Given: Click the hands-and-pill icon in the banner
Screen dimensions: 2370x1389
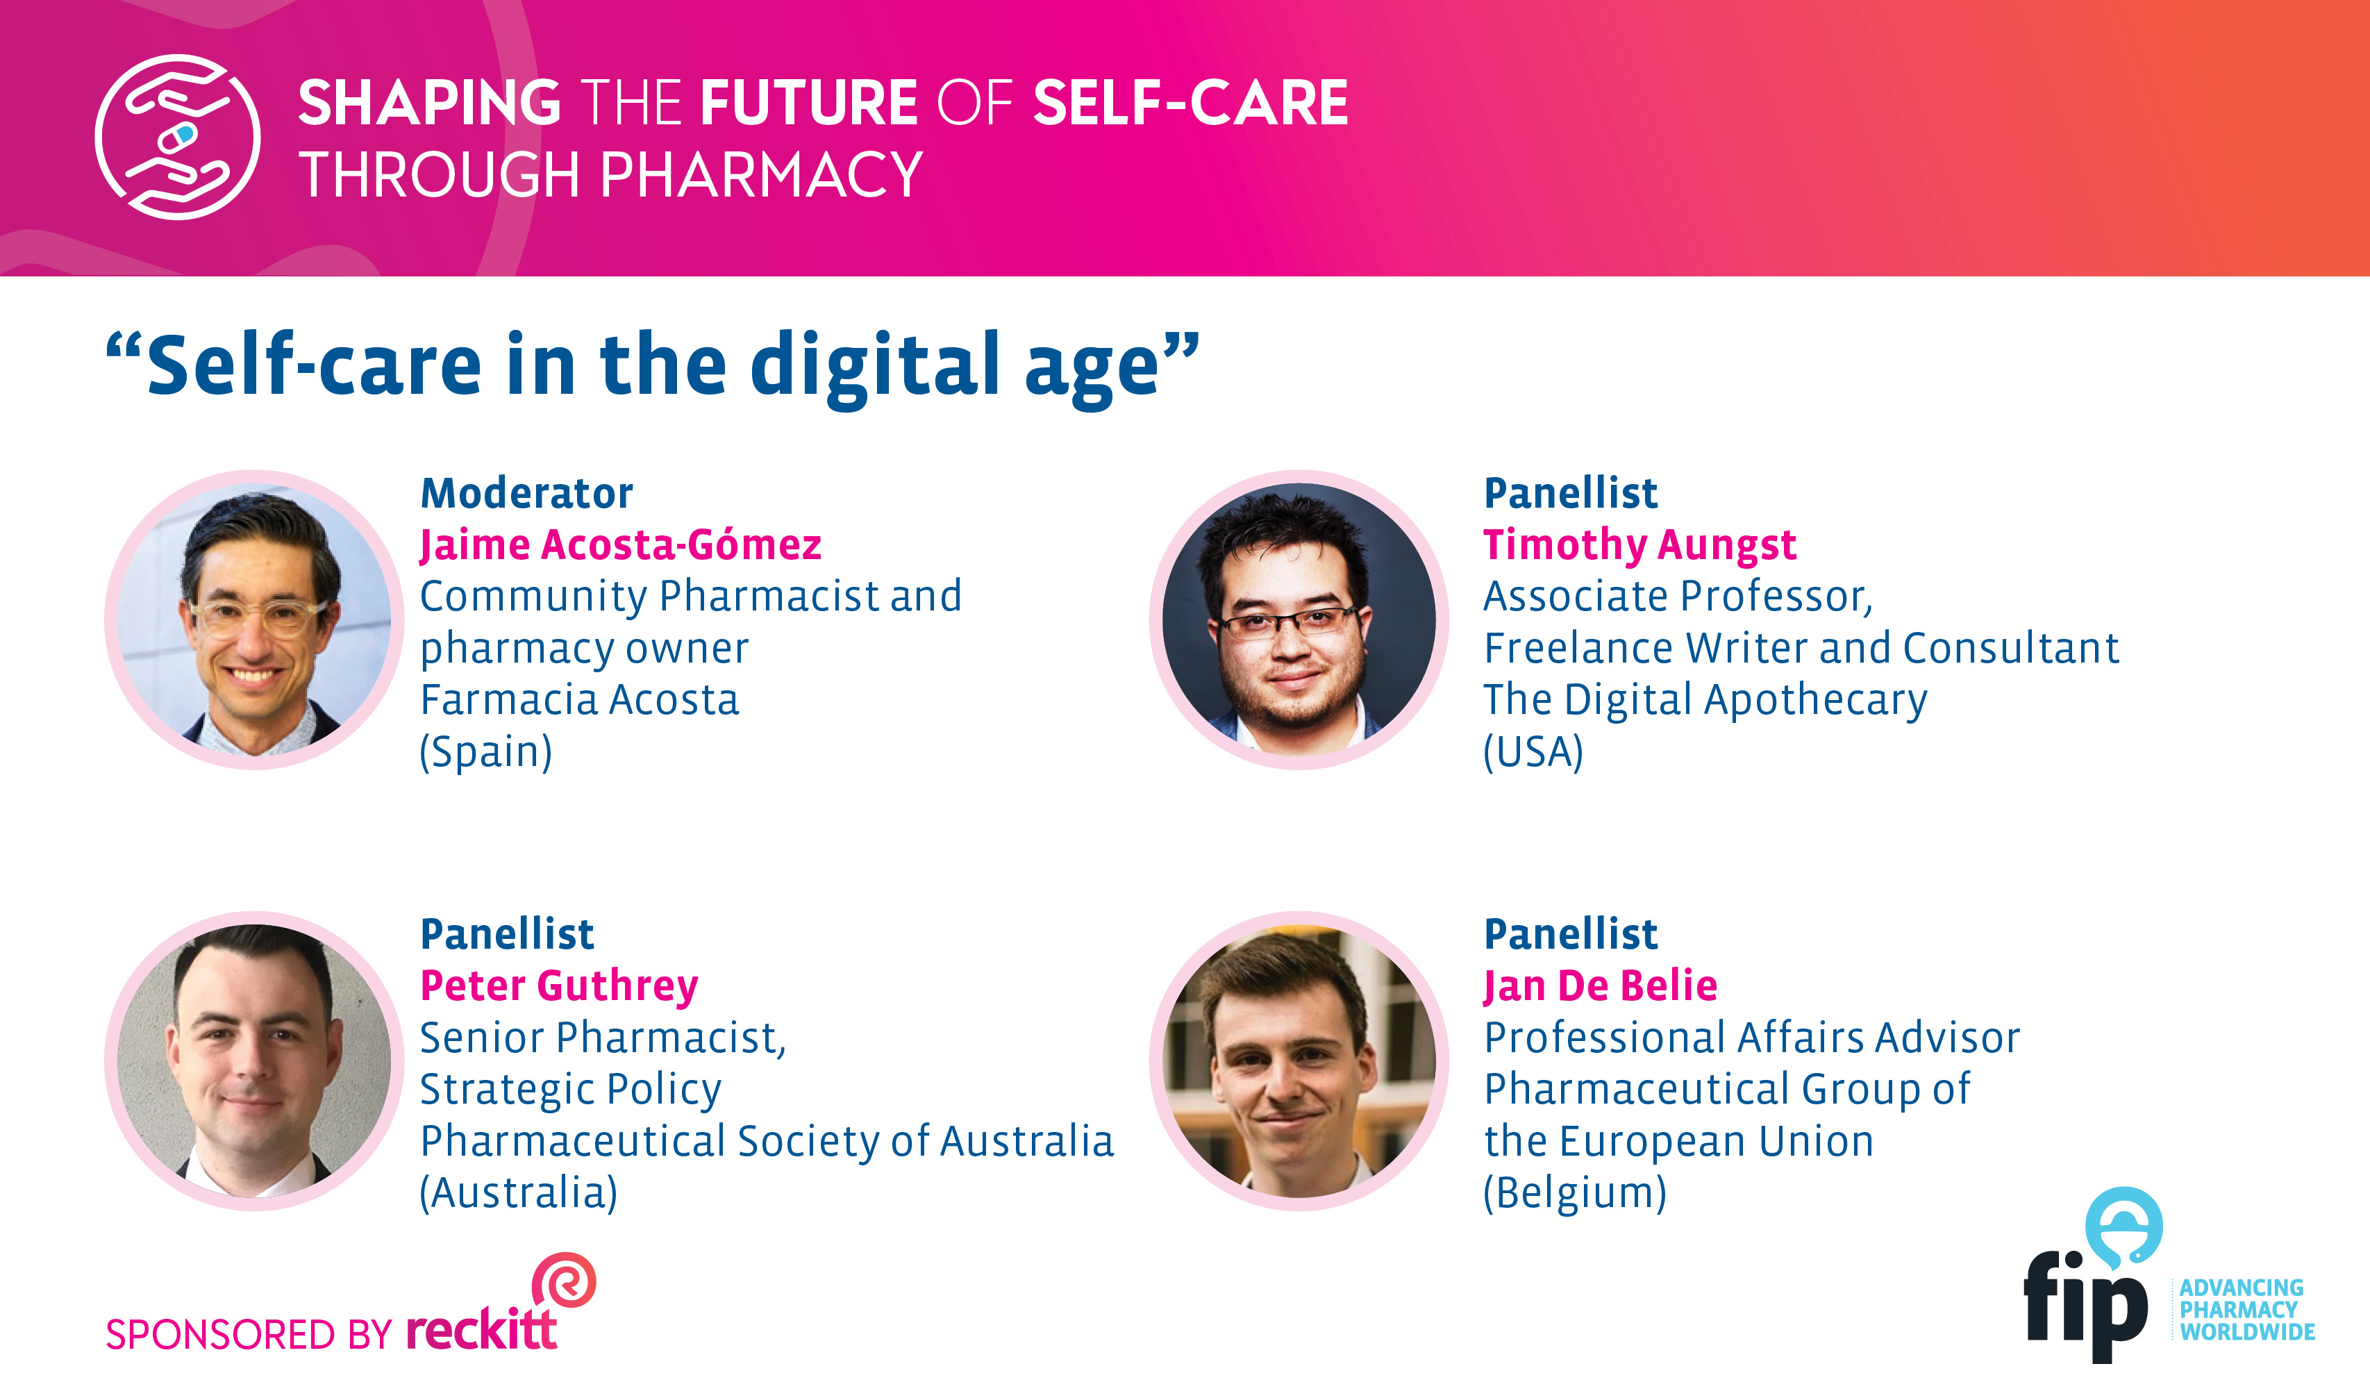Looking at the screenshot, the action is [x=177, y=138].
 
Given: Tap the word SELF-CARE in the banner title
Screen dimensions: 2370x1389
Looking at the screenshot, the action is [x=1191, y=103].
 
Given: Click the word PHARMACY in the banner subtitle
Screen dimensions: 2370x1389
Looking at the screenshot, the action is [x=762, y=175].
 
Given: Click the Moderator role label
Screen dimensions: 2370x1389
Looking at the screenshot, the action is [x=526, y=493].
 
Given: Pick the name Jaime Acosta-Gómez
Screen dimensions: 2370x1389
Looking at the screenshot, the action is [x=621, y=545].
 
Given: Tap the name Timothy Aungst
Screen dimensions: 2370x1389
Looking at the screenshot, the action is [x=1639, y=545].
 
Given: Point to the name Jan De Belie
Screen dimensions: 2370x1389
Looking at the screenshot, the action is [x=1600, y=986].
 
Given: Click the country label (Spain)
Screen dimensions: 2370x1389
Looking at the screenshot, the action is [x=485, y=751].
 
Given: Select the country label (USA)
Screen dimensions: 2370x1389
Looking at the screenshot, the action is [x=1533, y=751].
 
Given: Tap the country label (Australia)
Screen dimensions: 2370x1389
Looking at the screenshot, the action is [x=518, y=1192].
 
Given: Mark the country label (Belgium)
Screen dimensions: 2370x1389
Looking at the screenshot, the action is [x=1574, y=1192].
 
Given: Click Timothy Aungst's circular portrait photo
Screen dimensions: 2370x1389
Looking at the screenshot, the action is [x=1299, y=619].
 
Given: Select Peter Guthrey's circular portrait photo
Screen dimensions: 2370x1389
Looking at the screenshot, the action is [x=254, y=1061].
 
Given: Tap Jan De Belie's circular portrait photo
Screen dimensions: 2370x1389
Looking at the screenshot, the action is [x=1299, y=1061].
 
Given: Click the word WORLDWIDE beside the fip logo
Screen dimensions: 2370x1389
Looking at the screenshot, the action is [x=2248, y=1331].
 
